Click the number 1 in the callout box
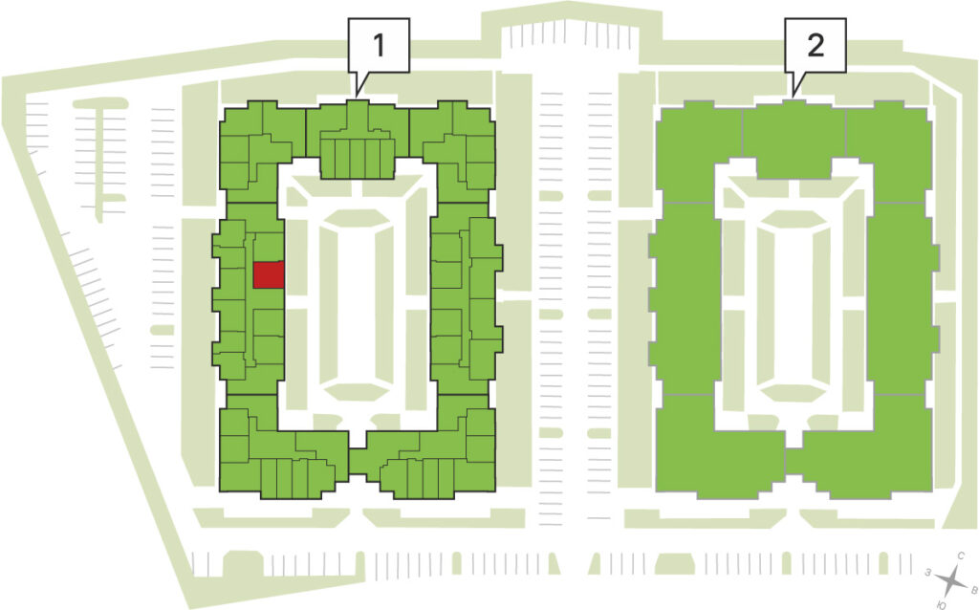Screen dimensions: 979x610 [379, 45]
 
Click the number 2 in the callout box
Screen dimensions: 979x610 [816, 45]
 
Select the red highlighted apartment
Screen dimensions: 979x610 [269, 274]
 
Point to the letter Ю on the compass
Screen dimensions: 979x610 [942, 604]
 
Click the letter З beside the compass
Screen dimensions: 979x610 [928, 572]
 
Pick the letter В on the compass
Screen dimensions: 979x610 [973, 588]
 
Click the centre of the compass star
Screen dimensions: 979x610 [951, 580]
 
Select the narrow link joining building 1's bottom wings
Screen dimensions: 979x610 [357, 462]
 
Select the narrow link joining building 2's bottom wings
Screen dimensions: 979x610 [793, 462]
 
